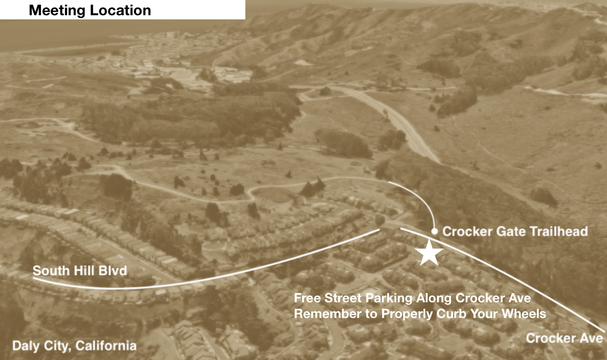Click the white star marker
click(429, 252)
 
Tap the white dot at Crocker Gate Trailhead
click(434, 231)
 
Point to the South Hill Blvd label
click(80, 270)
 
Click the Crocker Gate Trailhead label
click(515, 231)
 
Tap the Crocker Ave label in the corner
click(564, 338)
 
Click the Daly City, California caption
click(74, 346)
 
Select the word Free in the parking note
click(305, 298)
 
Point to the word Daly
click(25, 346)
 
